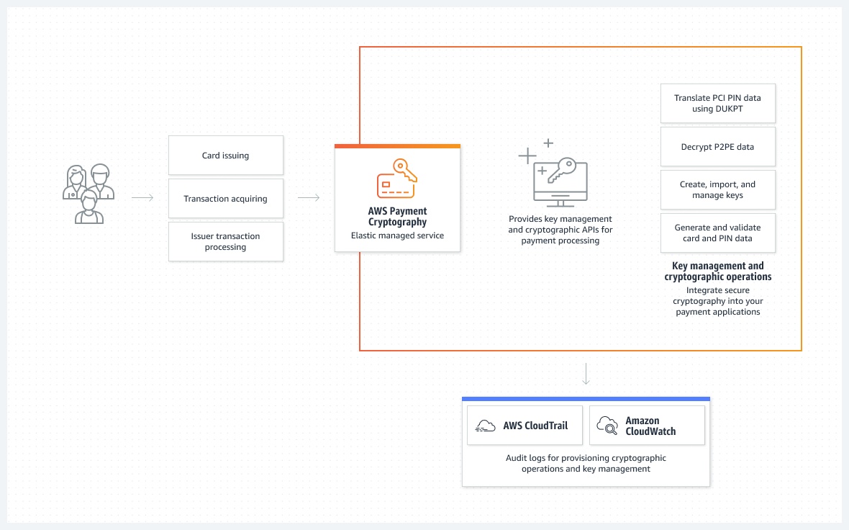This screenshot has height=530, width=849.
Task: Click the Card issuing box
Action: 226,155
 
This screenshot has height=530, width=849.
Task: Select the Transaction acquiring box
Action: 226,198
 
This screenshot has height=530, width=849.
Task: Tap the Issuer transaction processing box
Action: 226,242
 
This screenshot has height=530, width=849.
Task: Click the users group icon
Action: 88,194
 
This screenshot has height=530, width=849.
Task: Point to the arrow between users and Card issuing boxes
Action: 142,198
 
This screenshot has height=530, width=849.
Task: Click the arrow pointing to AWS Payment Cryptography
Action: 309,198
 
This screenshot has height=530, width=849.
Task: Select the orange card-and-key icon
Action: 397,179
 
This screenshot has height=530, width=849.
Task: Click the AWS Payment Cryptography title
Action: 397,216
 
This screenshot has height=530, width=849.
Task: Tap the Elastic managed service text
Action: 397,235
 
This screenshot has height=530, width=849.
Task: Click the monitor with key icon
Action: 554,173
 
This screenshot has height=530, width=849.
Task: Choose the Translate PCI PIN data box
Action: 718,103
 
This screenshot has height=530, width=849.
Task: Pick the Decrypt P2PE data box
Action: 718,146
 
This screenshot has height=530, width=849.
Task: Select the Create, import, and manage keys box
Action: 718,189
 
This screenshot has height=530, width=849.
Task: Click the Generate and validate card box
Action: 718,233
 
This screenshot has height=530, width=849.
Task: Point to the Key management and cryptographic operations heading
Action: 718,271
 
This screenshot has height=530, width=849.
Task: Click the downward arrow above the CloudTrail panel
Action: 586,374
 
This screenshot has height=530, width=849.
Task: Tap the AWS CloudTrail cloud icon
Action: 485,426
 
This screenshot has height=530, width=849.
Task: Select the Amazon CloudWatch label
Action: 650,426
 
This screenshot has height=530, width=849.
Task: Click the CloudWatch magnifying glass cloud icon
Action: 607,426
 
